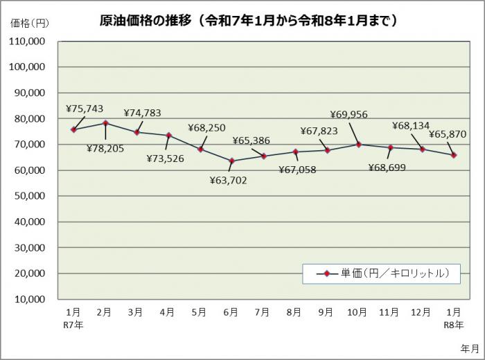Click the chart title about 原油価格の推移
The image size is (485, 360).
click(249, 21)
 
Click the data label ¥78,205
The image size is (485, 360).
click(105, 147)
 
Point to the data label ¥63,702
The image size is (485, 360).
click(228, 181)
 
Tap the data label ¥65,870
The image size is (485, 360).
click(447, 134)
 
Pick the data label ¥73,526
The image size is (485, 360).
click(166, 159)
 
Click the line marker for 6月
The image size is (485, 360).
click(231, 161)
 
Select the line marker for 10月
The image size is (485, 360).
click(358, 145)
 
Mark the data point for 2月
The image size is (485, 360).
click(105, 123)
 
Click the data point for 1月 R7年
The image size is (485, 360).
click(73, 129)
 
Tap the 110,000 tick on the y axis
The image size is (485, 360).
click(28, 42)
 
